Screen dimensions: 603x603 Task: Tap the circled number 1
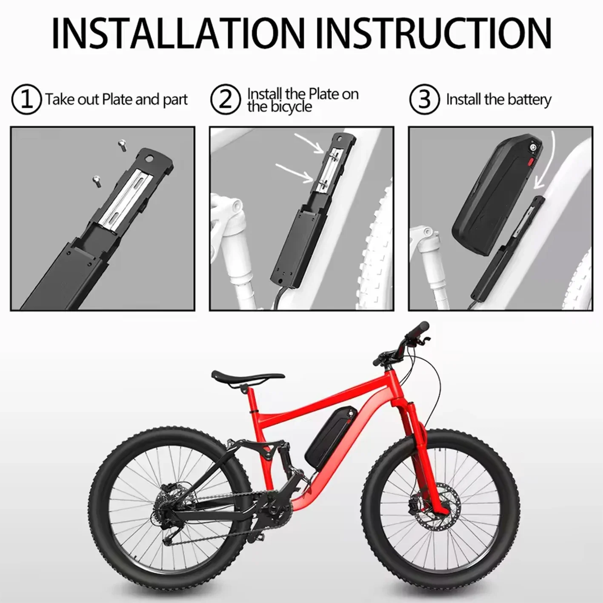(26, 100)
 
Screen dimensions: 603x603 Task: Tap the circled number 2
(225, 100)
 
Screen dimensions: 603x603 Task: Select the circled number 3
(424, 100)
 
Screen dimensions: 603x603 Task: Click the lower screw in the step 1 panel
(96, 180)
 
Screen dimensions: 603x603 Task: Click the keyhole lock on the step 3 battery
(532, 148)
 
